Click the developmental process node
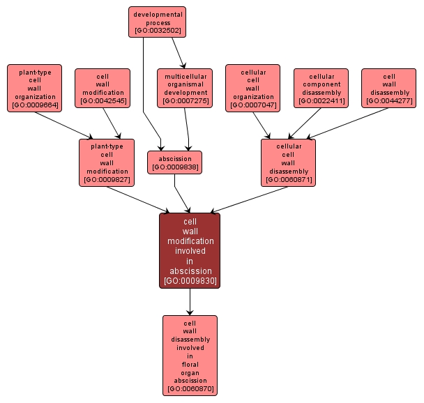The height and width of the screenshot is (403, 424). pos(157,22)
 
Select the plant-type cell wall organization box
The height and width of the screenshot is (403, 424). pos(34,88)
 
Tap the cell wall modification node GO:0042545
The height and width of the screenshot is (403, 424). pos(102,89)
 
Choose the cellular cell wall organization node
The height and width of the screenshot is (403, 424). pos(252,88)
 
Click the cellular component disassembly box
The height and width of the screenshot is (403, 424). pos(321,88)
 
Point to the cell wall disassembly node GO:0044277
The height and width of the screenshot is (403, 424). pos(388,88)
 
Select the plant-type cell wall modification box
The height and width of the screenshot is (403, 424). pos(105,162)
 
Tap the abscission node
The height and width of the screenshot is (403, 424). pos(174,162)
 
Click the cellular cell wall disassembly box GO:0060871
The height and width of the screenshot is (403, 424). pos(288,162)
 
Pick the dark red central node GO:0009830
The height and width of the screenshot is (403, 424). pos(190,250)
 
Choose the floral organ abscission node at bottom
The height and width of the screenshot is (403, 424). pos(190,356)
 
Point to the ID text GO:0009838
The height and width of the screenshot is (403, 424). pos(174,167)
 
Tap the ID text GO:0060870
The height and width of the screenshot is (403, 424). pos(190,388)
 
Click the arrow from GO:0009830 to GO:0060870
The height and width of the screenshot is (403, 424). pos(190,301)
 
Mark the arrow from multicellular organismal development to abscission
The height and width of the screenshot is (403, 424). pos(188,129)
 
